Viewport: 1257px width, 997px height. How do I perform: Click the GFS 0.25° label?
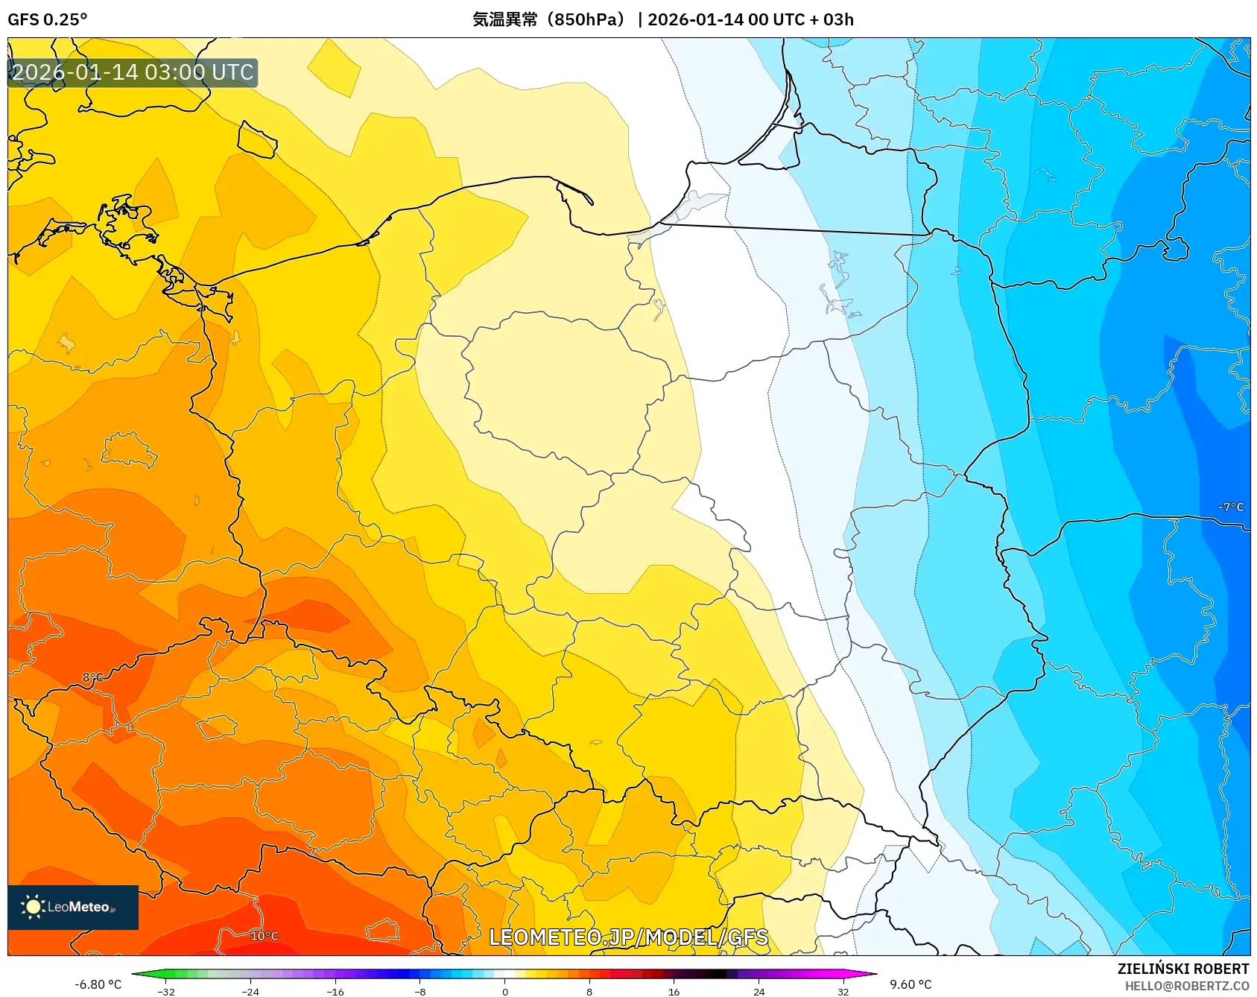pos(47,19)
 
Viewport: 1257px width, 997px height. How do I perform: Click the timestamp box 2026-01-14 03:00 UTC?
pos(133,72)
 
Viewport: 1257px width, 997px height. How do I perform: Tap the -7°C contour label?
pos(1230,507)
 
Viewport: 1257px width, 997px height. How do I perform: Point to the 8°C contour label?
pos(92,677)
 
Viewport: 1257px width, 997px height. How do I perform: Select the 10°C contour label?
pos(265,936)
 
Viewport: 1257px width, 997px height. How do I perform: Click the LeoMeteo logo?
pos(72,907)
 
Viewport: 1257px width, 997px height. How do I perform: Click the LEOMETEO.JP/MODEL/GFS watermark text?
pos(628,937)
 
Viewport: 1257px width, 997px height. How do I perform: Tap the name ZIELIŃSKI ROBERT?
pos(1182,969)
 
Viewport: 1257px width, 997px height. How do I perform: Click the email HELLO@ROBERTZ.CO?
pos(1186,986)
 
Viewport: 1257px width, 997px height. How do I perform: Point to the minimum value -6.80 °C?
pos(98,984)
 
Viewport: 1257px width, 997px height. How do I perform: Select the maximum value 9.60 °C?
pos(910,984)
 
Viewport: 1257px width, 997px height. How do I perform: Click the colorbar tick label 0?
pos(504,992)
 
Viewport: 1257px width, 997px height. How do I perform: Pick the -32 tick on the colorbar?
pos(166,992)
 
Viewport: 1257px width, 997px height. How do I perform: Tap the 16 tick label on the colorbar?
pos(674,992)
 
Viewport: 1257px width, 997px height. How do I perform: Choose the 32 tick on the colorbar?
pos(843,992)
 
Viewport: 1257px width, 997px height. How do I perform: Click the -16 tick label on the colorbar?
pos(335,992)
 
